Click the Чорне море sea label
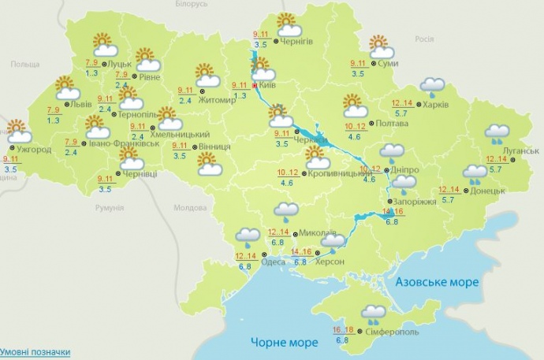click(285, 343)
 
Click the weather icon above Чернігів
click(285, 24)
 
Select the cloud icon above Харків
click(432, 85)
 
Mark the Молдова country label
click(188, 208)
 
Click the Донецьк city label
click(488, 190)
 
